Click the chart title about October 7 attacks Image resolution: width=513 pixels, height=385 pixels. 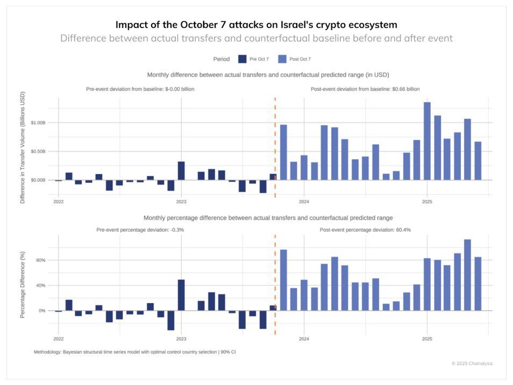click(256, 25)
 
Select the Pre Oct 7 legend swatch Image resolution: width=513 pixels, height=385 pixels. click(242, 59)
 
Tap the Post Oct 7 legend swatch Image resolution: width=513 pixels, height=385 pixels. click(282, 59)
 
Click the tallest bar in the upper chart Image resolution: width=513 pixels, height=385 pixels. click(427, 141)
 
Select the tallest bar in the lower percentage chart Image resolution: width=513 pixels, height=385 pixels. click(467, 275)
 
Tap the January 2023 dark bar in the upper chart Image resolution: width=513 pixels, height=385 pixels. click(181, 170)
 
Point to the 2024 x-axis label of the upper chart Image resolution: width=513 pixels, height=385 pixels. click(304, 202)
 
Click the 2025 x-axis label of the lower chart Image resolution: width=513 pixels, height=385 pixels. click(427, 339)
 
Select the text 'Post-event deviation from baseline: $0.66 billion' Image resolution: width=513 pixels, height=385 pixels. click(365, 89)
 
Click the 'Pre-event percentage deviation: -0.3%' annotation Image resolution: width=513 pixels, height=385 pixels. click(140, 230)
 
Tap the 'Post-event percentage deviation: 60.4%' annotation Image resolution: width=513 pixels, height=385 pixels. click(365, 230)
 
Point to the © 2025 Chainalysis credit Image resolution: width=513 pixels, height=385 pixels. click(472, 363)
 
